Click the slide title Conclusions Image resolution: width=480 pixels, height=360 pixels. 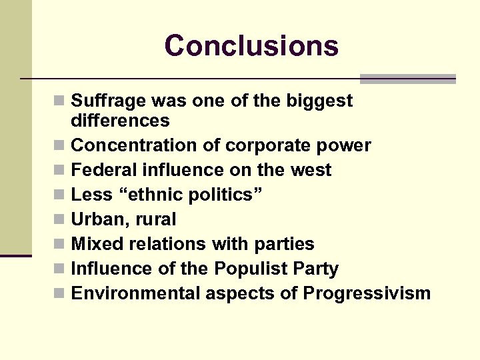251,46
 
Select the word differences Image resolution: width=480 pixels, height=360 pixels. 120,121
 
